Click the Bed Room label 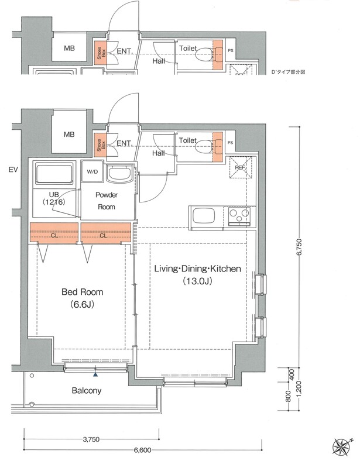click(x=82, y=291)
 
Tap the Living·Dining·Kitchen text click(x=197, y=269)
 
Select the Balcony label click(x=87, y=390)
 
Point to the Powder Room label click(x=107, y=201)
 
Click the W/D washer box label click(x=92, y=171)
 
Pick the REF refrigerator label click(x=240, y=167)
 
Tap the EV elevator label click(x=13, y=170)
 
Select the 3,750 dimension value click(x=91, y=439)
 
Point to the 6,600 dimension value click(x=143, y=450)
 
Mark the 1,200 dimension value click(x=300, y=388)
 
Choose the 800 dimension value click(x=288, y=395)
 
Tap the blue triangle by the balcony click(x=95, y=374)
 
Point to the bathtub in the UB click(x=54, y=174)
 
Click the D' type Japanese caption click(x=288, y=72)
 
